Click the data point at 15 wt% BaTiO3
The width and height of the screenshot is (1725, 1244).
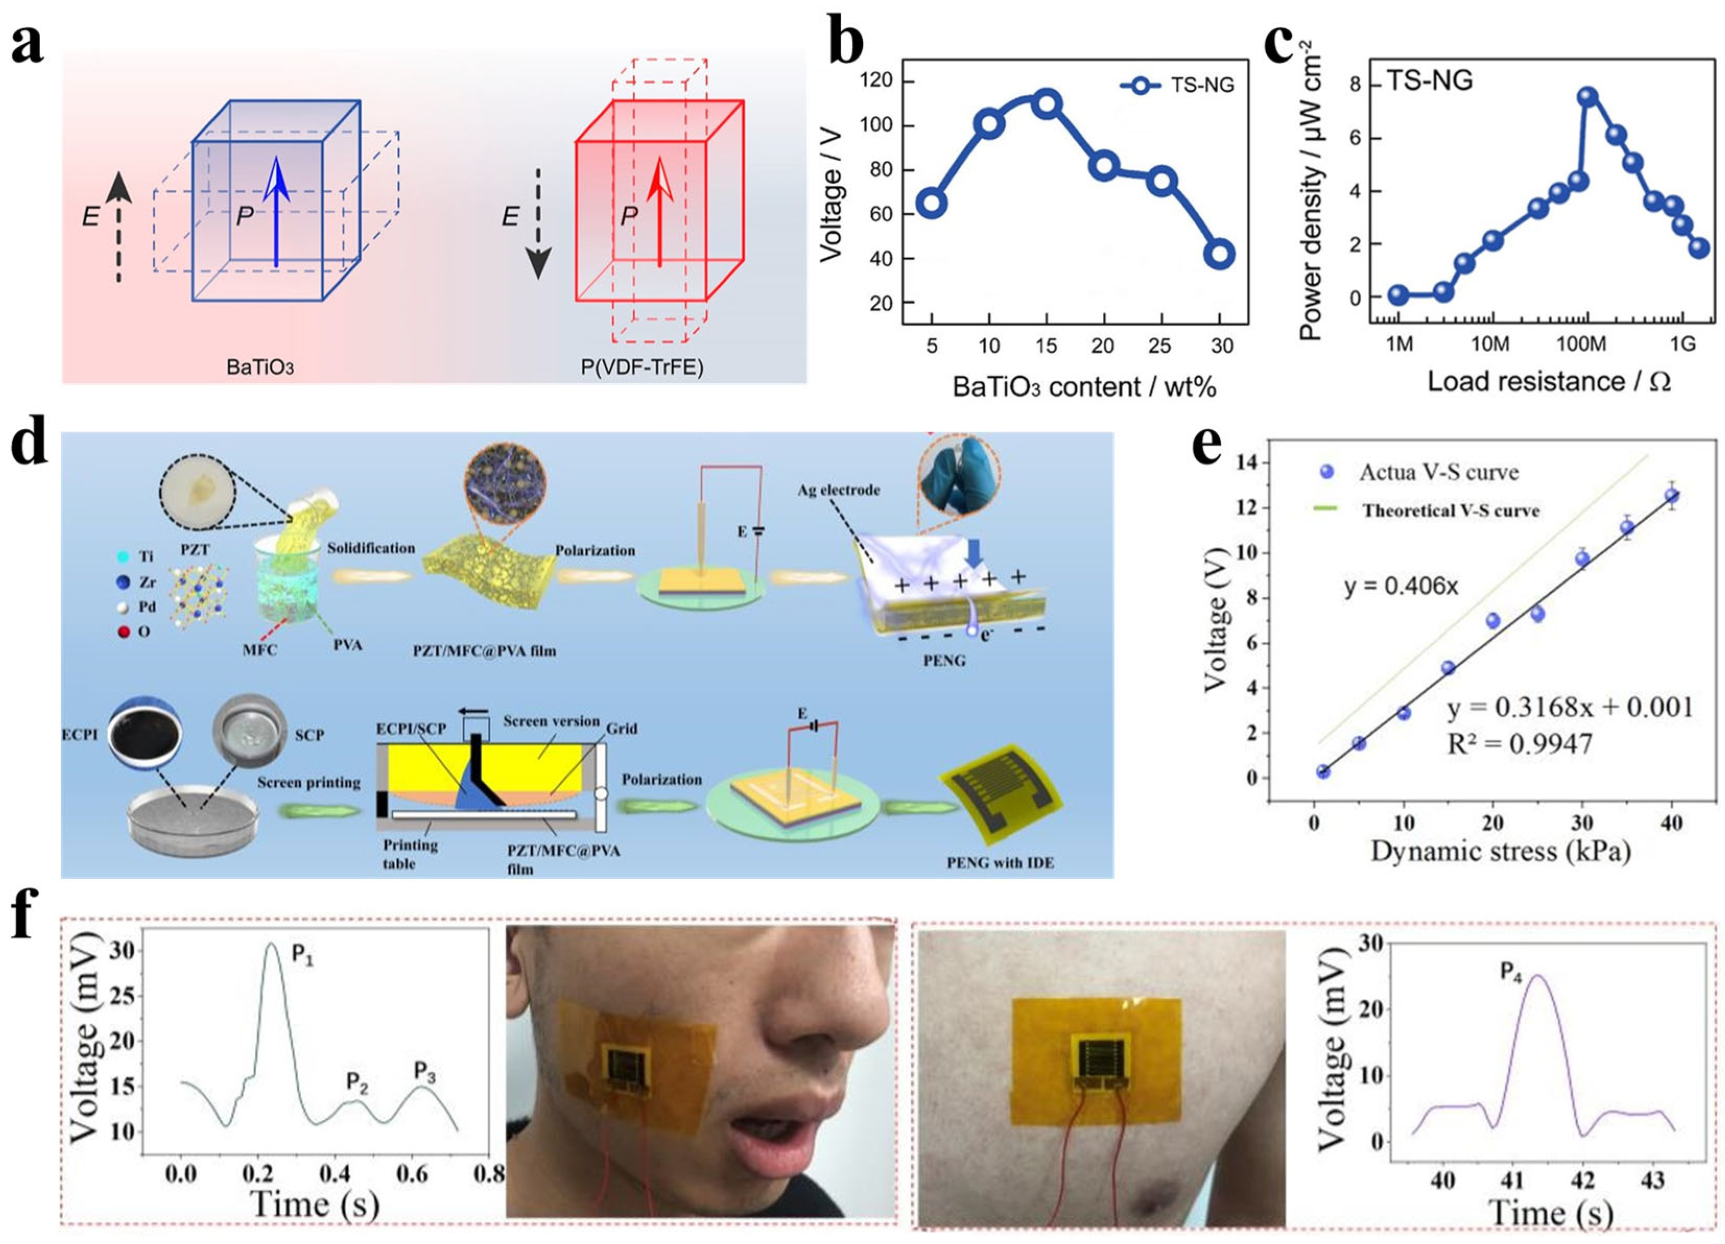(1046, 103)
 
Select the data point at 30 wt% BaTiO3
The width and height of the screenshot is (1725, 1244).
(1221, 254)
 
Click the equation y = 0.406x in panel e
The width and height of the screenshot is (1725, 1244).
(1400, 587)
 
